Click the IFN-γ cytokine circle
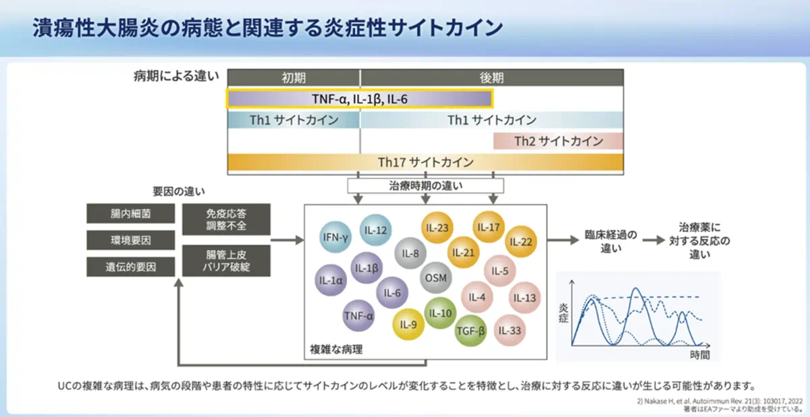335,238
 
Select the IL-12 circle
376,230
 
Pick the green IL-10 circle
441,313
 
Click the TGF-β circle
470,330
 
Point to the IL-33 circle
511,331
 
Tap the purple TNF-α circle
358,315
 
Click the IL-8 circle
410,254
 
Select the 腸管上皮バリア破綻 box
226,260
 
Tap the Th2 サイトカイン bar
558,141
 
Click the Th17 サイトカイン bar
425,163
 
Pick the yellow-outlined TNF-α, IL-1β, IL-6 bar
359,99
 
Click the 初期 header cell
294,77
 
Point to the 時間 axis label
700,354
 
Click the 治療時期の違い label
425,185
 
